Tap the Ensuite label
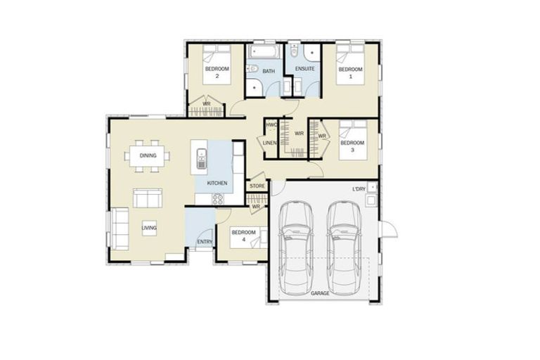(304, 68)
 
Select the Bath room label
(268, 71)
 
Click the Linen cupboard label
(270, 143)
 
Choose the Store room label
(257, 186)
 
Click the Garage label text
(320, 291)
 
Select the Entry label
(205, 242)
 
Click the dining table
(147, 156)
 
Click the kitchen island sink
(202, 159)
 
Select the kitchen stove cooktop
(218, 198)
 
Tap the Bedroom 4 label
(243, 236)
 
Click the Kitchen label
(217, 183)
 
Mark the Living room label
(149, 228)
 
